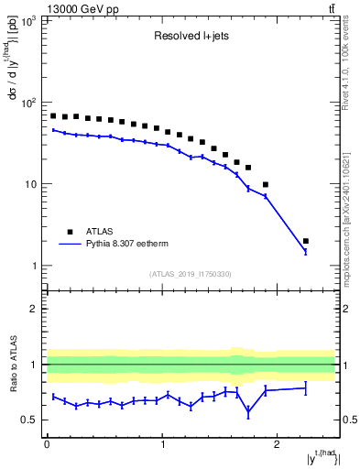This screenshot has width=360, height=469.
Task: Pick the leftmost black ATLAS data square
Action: click(53, 116)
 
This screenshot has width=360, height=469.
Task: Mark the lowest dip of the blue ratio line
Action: click(248, 413)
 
